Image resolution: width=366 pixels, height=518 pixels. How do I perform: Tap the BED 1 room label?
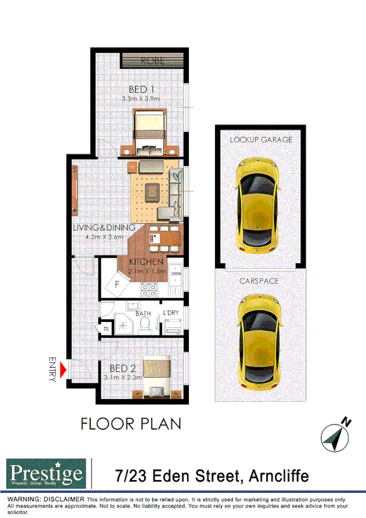pos(141,90)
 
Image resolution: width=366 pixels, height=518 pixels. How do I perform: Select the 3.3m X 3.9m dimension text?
pos(141,99)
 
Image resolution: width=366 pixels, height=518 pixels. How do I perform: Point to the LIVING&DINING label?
pos(104,227)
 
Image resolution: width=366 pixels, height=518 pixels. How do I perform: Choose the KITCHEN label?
pos(146,262)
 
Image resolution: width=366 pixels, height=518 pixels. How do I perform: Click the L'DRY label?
pos(170,313)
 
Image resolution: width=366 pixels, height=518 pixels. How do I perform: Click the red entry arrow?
pos(64,370)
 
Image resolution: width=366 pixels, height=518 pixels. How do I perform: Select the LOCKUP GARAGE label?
pos(261,139)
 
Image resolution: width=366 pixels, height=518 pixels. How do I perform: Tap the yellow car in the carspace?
pos(260,338)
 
